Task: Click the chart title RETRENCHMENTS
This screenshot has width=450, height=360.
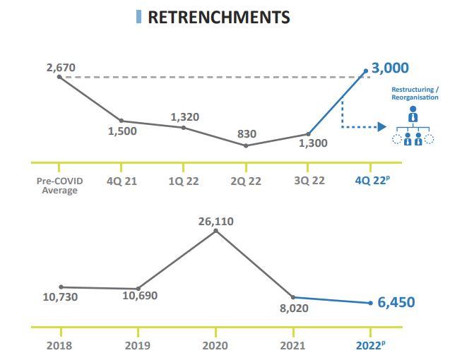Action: [x=218, y=17]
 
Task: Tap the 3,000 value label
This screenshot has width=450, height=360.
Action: [x=390, y=68]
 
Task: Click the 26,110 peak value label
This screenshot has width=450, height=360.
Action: [x=215, y=221]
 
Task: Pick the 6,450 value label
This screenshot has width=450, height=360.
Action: [x=396, y=302]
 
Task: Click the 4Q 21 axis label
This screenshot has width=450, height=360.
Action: [x=122, y=181]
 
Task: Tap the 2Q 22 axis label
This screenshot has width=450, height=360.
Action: [x=246, y=181]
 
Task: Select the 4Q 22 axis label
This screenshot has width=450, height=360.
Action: [x=371, y=181]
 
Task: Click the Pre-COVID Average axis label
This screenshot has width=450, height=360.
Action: [x=59, y=186]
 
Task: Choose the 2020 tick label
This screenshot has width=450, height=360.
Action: [x=215, y=346]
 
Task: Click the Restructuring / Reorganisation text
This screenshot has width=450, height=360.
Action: [x=415, y=94]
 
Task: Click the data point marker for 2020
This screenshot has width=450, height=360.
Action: [x=215, y=230]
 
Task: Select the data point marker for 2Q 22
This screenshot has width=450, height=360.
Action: [x=246, y=145]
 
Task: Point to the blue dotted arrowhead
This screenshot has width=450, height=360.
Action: [x=382, y=127]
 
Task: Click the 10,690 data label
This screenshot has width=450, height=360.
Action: [x=140, y=296]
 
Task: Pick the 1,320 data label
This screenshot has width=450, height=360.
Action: [x=184, y=117]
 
